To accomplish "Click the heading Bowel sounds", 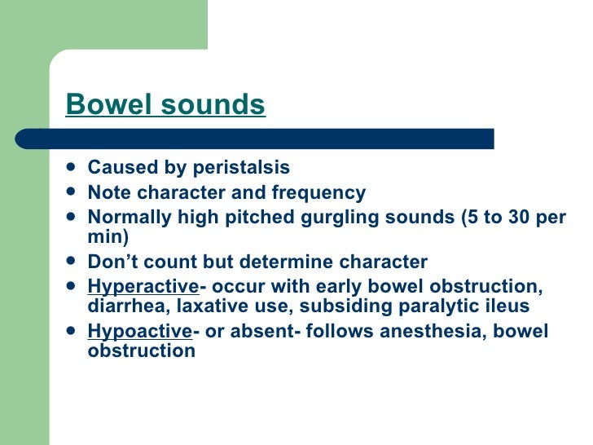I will point(165,105).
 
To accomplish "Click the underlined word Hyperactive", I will point(143,287).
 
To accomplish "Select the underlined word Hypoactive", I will point(138,331).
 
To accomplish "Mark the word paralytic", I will point(433,306).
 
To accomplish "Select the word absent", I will point(261,331).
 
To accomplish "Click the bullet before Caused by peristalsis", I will point(72,169).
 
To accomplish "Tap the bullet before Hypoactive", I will point(72,332).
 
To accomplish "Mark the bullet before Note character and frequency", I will point(72,194).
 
